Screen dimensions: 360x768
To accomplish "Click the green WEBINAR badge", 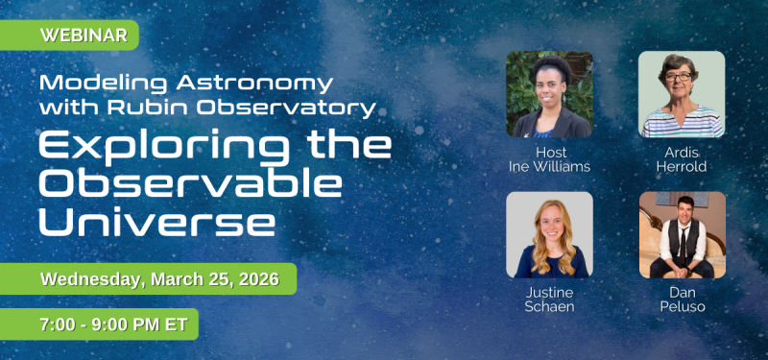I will (71, 36).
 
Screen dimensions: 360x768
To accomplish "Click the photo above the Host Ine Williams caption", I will (549, 94).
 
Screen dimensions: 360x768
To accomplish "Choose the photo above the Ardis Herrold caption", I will (682, 94).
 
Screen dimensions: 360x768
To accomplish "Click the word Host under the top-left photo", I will (549, 152).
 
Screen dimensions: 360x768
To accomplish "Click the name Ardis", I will (682, 152).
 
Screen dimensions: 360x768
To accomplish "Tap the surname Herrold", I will (682, 166).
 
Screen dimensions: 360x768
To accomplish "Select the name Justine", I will (549, 292).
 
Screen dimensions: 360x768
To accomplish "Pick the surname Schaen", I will (549, 306).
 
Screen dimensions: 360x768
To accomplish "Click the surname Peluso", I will (682, 306).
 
